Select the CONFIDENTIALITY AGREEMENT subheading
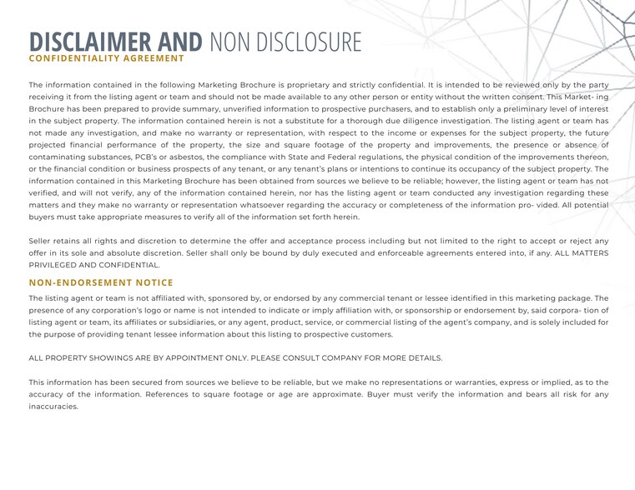[106, 58]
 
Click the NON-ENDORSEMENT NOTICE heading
[101, 282]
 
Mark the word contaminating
[60, 157]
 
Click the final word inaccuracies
[53, 407]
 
